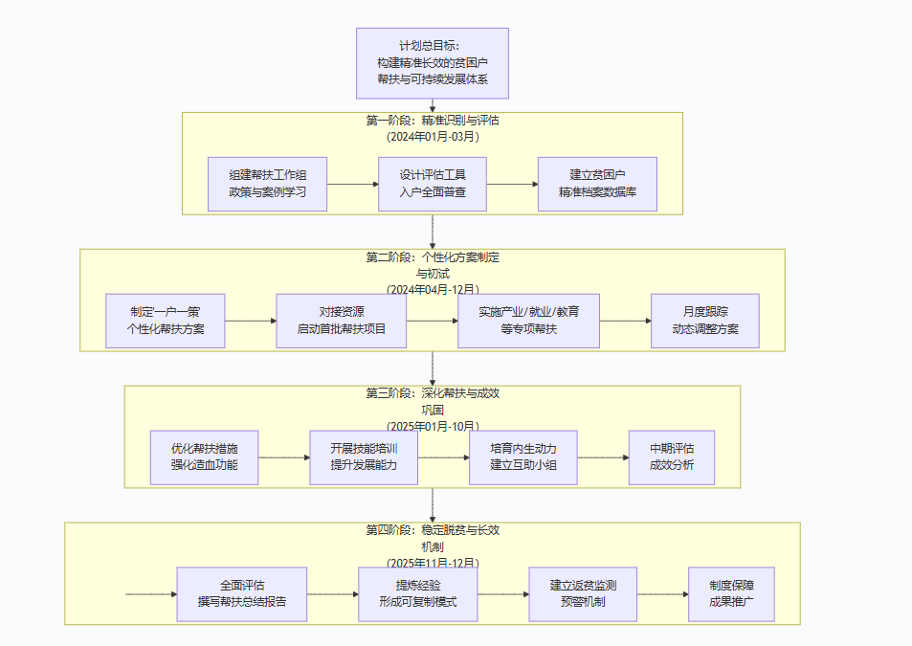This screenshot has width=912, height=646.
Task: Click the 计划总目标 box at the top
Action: pos(432,63)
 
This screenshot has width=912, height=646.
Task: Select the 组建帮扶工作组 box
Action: pos(268,184)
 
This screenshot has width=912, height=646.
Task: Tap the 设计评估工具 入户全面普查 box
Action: pos(433,184)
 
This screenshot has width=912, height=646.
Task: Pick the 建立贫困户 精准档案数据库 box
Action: pos(597,184)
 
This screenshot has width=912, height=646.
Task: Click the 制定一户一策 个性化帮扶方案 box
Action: pos(165,321)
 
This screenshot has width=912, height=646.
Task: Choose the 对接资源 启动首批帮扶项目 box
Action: pos(342,321)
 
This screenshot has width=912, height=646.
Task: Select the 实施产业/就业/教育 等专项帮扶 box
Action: pos(528,321)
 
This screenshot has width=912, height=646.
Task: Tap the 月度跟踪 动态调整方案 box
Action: pos(705,321)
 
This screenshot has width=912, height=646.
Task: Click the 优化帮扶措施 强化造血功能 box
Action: pos(204,457)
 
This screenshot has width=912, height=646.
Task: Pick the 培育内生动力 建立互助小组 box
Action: pos(523,457)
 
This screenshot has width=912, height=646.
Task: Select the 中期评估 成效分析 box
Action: pos(672,457)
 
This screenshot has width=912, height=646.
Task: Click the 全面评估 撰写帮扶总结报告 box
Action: pos(242,594)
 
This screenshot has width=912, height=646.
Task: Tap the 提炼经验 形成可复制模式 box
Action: pos(418,594)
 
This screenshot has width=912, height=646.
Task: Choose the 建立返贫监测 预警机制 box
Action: pos(583,594)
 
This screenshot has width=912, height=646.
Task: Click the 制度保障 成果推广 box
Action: pos(731,594)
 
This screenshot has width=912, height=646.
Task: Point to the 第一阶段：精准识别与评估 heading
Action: pos(433,122)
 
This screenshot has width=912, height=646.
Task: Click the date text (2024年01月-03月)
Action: pos(433,137)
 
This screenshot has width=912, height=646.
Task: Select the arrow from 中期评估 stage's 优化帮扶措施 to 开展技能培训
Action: pos(283,457)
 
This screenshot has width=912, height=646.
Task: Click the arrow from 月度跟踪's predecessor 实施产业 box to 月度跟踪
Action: pos(625,321)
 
